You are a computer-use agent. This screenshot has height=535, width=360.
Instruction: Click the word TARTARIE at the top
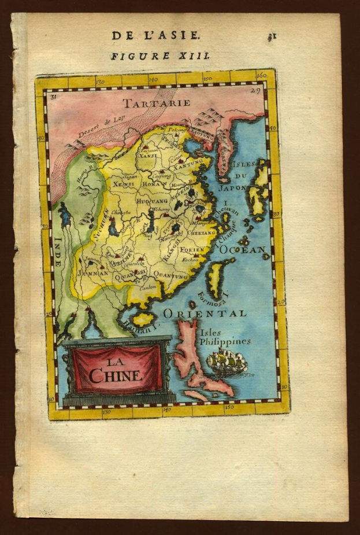point(156,103)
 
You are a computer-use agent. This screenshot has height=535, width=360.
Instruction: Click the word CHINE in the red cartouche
point(116,375)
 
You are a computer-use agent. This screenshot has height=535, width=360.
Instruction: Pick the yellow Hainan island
point(142,319)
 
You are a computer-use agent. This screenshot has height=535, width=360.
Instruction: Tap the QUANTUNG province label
point(171,276)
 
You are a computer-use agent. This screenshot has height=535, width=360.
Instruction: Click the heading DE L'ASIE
point(156,36)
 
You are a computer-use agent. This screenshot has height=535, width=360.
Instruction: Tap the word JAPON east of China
point(236,187)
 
